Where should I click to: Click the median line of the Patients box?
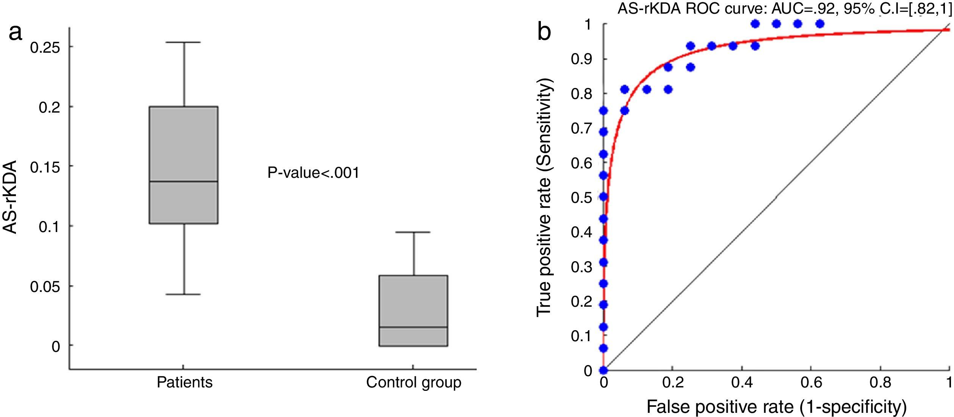tap(184, 182)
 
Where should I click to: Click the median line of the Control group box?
tap(414, 327)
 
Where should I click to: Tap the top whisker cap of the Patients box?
tap(184, 42)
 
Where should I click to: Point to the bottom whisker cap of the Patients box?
tap(184, 294)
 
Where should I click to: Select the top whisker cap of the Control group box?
tap(414, 232)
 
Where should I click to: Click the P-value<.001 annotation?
tap(313, 173)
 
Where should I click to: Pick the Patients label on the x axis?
tap(185, 382)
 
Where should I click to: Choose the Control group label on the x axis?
tap(414, 382)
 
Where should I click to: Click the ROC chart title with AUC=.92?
tap(785, 8)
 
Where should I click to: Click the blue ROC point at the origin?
tap(603, 370)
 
